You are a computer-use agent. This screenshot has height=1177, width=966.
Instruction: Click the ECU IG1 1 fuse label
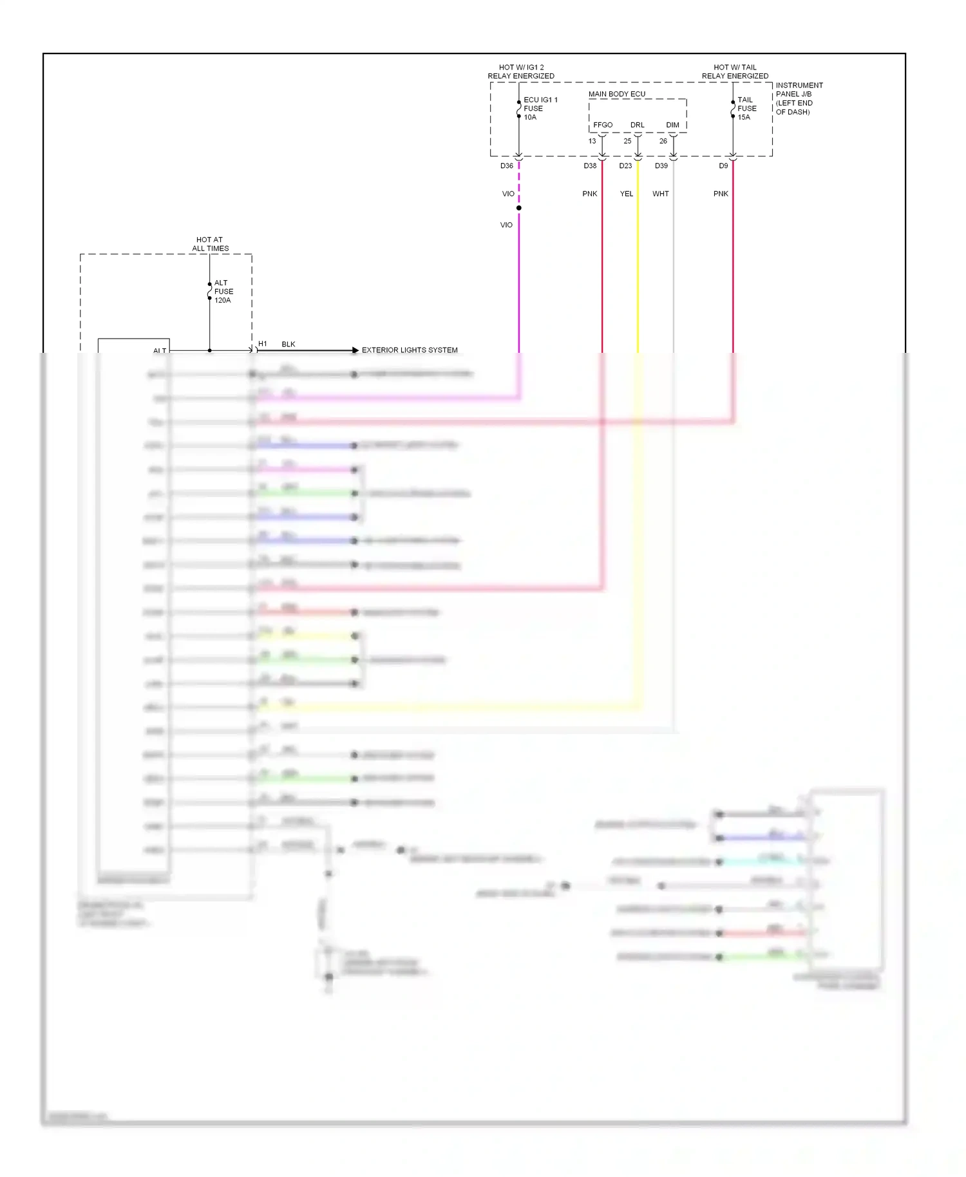pyautogui.click(x=540, y=108)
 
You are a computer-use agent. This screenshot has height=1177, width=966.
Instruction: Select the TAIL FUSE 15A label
pyautogui.click(x=746, y=108)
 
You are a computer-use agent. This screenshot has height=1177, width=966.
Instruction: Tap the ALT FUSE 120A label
pyautogui.click(x=223, y=292)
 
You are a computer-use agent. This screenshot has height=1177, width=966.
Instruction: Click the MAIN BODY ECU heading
pyautogui.click(x=616, y=94)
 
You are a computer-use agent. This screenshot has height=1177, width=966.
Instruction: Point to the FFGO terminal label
pyautogui.click(x=603, y=125)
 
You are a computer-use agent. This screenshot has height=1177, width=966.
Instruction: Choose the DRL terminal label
pyautogui.click(x=637, y=125)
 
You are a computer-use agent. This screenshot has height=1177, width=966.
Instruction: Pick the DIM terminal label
pyautogui.click(x=672, y=125)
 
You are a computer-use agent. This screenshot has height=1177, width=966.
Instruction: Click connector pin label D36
pyautogui.click(x=507, y=166)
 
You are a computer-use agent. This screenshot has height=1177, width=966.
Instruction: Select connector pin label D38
pyautogui.click(x=590, y=166)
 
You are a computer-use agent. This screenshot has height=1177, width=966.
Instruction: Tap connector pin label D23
pyautogui.click(x=625, y=166)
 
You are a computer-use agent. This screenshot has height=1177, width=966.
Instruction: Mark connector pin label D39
pyautogui.click(x=661, y=166)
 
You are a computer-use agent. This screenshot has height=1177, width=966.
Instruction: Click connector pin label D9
pyautogui.click(x=723, y=166)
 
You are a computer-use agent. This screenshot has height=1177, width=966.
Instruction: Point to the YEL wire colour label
pyautogui.click(x=627, y=194)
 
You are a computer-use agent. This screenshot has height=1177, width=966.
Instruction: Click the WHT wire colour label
pyautogui.click(x=660, y=194)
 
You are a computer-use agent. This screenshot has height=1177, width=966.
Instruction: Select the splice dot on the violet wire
pyautogui.click(x=518, y=208)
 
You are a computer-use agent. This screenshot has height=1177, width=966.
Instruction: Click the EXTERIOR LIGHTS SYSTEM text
pyautogui.click(x=410, y=350)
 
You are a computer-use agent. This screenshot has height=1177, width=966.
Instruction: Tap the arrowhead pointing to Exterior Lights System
pyautogui.click(x=355, y=350)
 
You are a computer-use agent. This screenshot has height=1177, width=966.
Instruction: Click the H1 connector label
pyautogui.click(x=263, y=344)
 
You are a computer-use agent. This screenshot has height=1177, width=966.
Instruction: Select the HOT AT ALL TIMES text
pyautogui.click(x=210, y=244)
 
